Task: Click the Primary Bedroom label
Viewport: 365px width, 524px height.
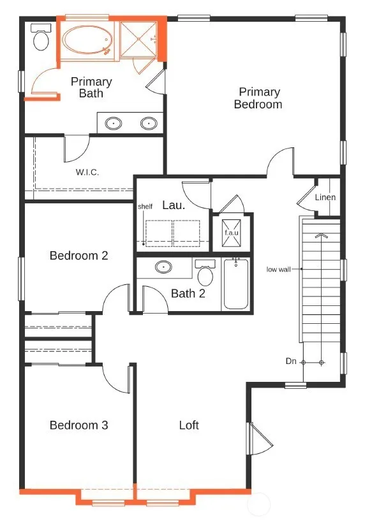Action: point(258,98)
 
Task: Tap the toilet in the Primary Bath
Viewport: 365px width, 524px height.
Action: point(41,37)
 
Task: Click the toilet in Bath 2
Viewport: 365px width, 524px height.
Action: point(205,272)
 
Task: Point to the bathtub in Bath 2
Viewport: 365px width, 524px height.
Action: point(236,284)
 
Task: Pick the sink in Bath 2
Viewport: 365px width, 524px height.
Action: point(163,267)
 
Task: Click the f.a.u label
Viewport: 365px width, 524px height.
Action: point(232,232)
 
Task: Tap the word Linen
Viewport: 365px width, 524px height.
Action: point(325,197)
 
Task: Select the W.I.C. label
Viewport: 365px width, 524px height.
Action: point(87,172)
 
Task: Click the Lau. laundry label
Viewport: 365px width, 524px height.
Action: point(174,205)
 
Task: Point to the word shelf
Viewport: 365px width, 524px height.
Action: point(145,207)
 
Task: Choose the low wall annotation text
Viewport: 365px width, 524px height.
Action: point(279,269)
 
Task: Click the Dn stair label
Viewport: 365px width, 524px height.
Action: point(291,361)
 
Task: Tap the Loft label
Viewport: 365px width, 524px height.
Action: point(189,425)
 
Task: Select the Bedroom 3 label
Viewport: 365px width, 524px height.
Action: point(79,425)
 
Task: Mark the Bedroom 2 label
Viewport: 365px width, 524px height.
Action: point(79,256)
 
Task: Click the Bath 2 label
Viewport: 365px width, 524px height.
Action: point(188,293)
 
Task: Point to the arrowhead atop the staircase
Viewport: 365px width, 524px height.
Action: point(322,236)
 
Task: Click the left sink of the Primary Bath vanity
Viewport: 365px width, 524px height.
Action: point(114,123)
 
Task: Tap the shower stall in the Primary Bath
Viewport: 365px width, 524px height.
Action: point(138,40)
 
